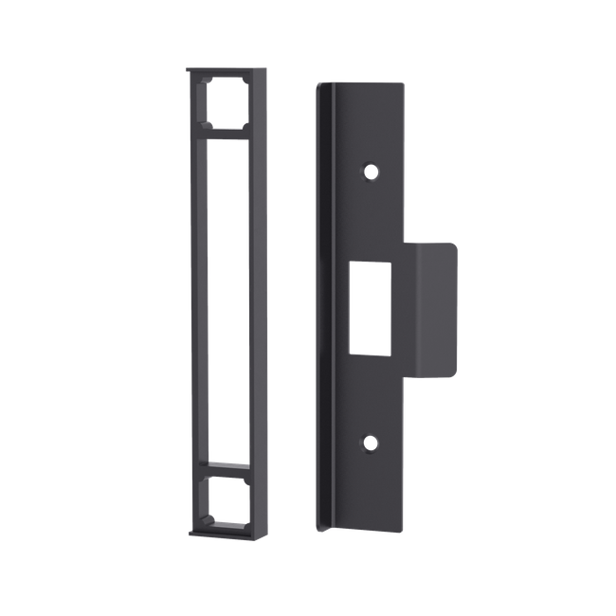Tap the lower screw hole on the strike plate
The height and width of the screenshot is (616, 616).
[x=371, y=442]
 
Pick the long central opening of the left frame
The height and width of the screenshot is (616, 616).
[x=227, y=301]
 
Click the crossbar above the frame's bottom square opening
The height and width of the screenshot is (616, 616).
[x=227, y=467]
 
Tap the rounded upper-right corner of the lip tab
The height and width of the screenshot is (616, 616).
[x=456, y=245]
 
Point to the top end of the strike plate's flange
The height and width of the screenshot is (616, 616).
[x=320, y=84]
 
